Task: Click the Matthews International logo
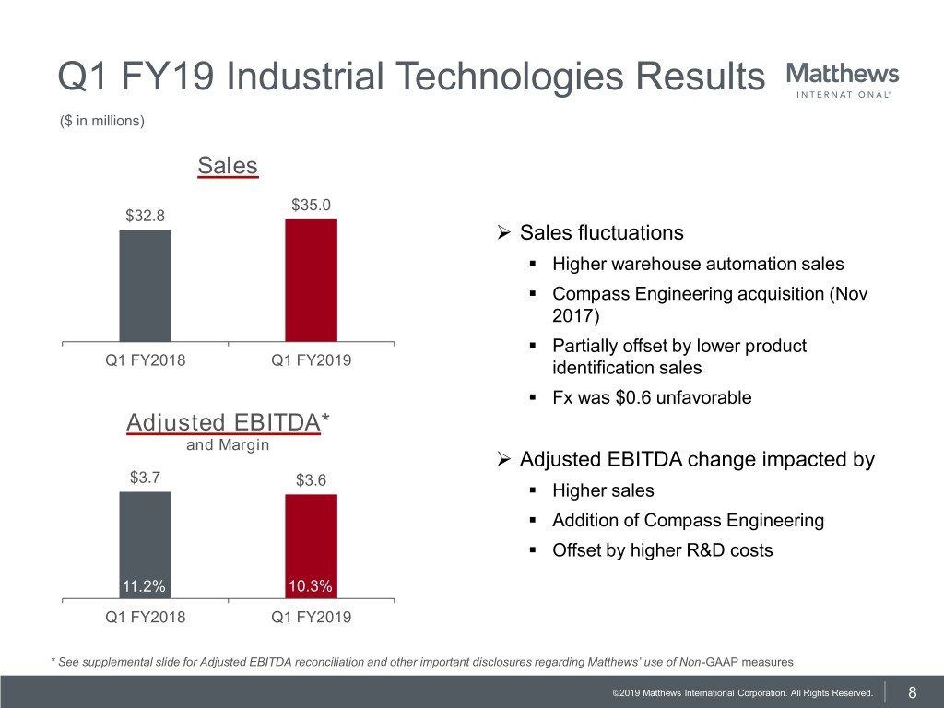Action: click(x=843, y=80)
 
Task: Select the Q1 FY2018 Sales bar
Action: click(x=145, y=286)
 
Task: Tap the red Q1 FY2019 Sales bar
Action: click(x=311, y=280)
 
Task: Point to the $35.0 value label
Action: click(x=311, y=205)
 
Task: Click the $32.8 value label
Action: click(x=145, y=216)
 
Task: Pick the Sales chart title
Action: click(x=228, y=166)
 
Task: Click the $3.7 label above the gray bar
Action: click(x=145, y=477)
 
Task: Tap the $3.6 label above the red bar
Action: click(x=311, y=479)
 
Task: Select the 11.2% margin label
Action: click(x=145, y=586)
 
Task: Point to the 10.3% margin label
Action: click(x=311, y=586)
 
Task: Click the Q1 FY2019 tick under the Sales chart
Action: click(x=311, y=360)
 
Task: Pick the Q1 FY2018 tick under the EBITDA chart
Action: click(x=145, y=617)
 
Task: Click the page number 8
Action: click(x=912, y=692)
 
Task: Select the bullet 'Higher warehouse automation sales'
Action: click(x=698, y=265)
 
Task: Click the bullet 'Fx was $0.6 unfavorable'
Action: click(x=652, y=398)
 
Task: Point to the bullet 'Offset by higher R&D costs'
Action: click(x=662, y=550)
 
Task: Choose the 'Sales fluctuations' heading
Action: click(x=601, y=232)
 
